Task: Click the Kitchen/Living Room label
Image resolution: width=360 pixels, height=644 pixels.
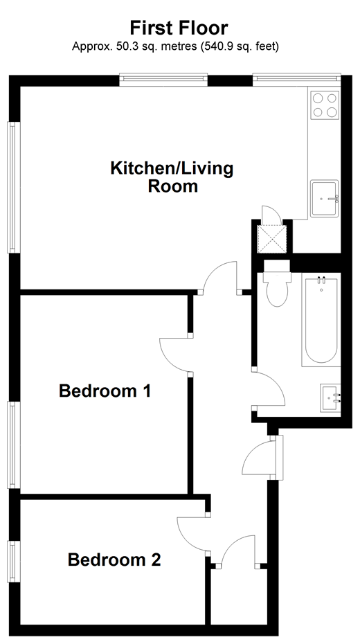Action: (172, 177)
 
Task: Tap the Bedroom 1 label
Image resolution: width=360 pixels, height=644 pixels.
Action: (105, 391)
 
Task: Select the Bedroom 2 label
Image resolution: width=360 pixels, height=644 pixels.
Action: (114, 560)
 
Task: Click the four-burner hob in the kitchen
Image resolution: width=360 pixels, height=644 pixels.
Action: (324, 105)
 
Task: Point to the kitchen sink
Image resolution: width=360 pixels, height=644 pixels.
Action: (324, 198)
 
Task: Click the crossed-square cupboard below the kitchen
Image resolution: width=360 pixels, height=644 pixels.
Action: (271, 238)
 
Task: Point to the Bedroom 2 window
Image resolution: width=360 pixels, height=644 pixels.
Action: (12, 561)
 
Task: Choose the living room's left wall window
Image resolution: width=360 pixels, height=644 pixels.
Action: (12, 187)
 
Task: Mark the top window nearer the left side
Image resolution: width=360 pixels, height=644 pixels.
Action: (163, 79)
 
